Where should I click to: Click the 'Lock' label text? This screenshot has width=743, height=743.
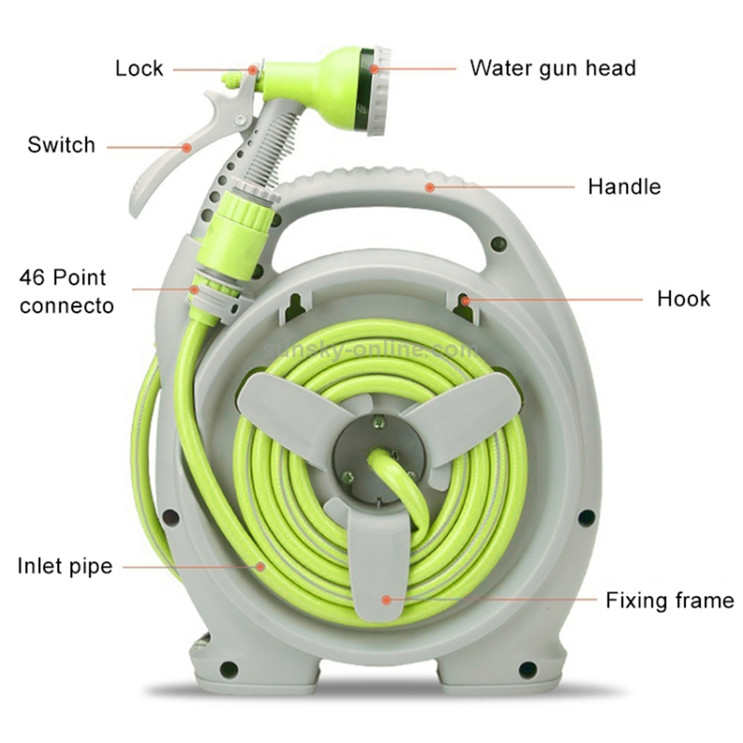point(139,68)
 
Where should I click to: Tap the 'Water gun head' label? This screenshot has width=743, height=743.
point(552,68)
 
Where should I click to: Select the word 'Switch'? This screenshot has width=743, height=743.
point(62,144)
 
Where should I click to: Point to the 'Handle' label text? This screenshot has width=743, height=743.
point(625,186)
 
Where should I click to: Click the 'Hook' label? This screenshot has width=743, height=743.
point(683,299)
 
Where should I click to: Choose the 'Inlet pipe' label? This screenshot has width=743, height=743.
point(65,566)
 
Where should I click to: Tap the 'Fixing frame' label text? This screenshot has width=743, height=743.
point(670,601)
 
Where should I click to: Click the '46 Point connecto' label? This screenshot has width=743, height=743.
point(66,292)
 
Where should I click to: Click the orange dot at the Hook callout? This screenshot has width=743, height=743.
point(465,300)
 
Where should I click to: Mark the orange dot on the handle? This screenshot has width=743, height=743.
point(430,188)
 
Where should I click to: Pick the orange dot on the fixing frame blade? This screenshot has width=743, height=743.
point(386,600)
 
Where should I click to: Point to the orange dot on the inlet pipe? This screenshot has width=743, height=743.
point(260,566)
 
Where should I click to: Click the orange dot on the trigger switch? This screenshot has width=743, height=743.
point(187,148)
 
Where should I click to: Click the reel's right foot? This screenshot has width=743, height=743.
point(502,668)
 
